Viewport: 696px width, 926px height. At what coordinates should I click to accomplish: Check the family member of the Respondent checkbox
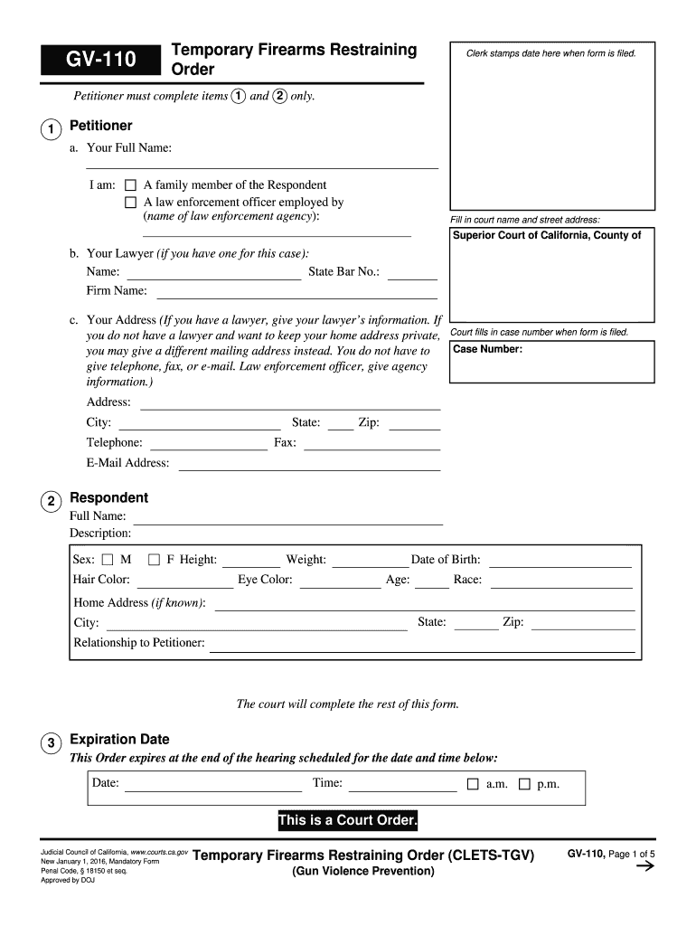point(130,185)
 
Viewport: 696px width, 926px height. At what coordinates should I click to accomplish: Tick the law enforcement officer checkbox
point(130,203)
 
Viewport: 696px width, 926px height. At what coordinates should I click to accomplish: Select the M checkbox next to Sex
point(108,560)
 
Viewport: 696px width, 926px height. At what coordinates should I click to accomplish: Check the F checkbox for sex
point(154,560)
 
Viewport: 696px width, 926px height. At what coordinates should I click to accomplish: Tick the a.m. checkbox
point(473,784)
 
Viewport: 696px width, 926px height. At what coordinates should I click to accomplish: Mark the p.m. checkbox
point(524,784)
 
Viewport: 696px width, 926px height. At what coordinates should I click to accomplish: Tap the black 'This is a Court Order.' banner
point(347,821)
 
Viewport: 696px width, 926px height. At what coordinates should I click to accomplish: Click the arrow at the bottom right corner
point(645,867)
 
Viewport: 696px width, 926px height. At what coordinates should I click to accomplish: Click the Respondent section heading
point(108,498)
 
